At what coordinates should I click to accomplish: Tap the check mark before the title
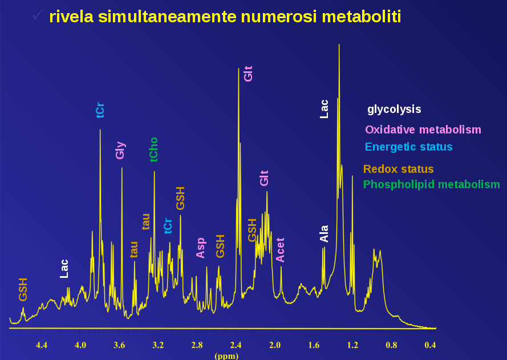coord(38,15)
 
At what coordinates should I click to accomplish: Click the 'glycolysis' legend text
coord(394,109)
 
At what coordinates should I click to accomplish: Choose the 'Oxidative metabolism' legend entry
coord(423,130)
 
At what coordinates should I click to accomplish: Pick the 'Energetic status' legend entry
coord(408,147)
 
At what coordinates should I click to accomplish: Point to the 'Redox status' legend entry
coord(398,169)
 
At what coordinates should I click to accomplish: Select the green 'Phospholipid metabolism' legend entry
coord(431,184)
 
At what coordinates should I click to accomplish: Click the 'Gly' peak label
coord(120,150)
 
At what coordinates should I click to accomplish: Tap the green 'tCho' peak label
coord(153,149)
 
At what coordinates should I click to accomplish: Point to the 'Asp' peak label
coord(201,248)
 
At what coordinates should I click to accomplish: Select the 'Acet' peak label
coord(280,250)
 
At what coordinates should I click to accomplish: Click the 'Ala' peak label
coord(325,233)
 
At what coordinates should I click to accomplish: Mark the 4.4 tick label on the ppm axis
coord(42,345)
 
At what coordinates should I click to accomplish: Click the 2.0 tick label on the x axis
coord(275,345)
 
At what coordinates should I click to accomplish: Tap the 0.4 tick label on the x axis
coord(431,345)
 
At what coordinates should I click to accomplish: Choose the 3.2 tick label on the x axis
coord(158,345)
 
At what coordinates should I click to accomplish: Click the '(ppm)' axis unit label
coord(226,355)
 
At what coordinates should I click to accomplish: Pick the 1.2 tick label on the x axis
coord(352,345)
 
